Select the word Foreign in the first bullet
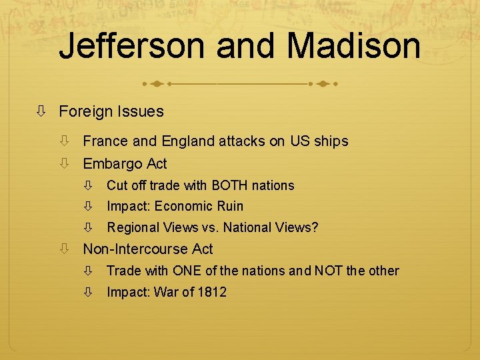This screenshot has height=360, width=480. [85, 111]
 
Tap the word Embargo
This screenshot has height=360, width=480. [112, 163]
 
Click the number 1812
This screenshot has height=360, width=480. [212, 292]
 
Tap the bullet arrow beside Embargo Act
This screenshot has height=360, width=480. [64, 163]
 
